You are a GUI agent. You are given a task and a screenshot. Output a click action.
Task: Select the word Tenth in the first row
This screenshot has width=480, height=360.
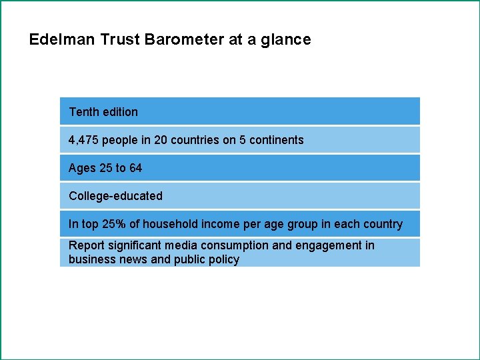point(83,112)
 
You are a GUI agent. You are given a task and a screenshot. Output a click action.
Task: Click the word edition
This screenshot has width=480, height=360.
point(120,112)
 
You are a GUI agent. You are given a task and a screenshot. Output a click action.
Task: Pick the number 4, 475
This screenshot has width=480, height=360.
point(83,140)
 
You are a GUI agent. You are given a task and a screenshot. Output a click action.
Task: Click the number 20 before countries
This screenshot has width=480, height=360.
point(161,140)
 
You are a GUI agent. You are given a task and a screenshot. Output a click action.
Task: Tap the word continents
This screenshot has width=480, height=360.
point(277,140)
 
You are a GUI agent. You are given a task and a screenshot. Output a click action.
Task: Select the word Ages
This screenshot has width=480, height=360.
point(82,168)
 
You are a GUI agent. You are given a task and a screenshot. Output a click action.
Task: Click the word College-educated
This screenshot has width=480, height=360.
point(115,196)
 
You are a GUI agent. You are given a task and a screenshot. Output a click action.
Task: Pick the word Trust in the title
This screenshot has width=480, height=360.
point(118,39)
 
